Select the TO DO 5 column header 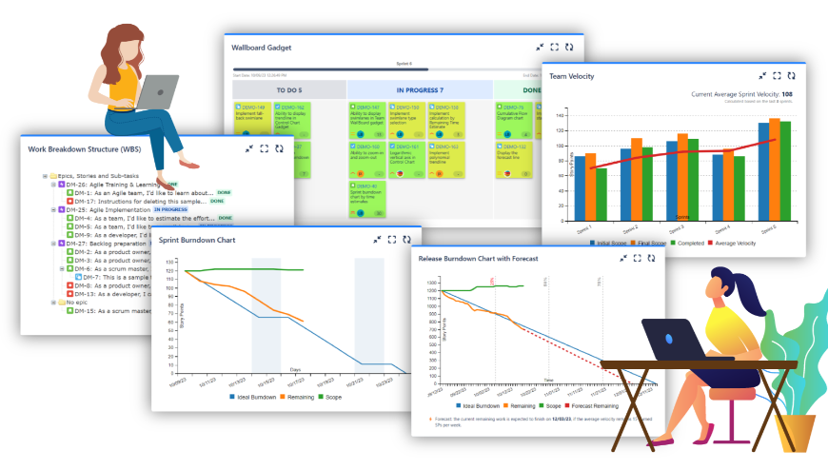[x=288, y=90]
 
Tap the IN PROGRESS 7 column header [x=420, y=90]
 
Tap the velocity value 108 [x=786, y=94]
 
